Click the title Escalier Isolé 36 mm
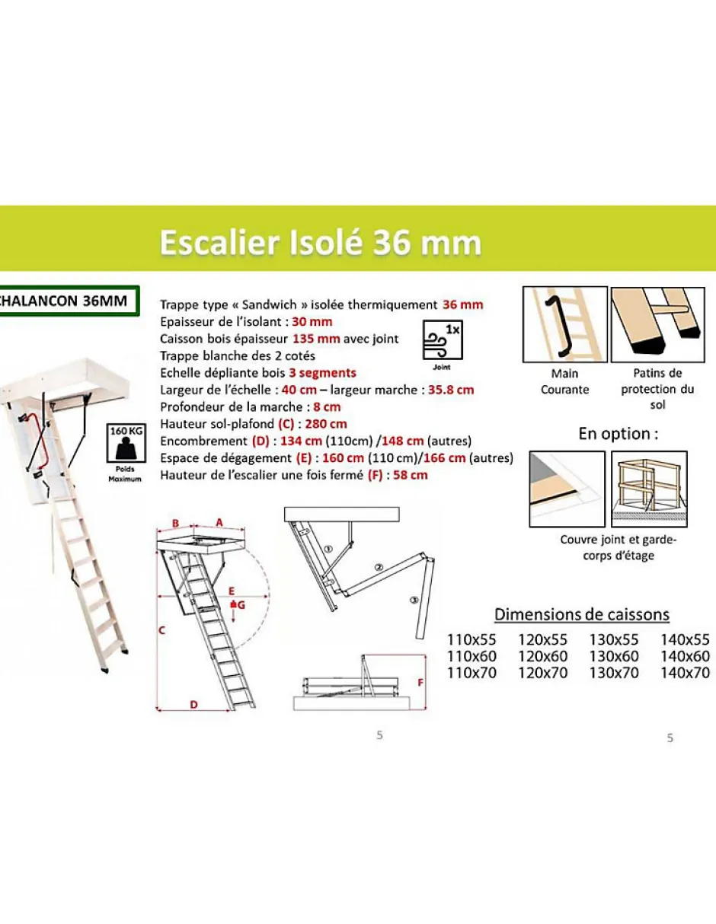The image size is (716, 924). coord(320,244)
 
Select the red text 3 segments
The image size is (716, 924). coord(322,373)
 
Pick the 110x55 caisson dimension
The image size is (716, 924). coord(471,640)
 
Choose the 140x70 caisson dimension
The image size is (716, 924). coord(685,673)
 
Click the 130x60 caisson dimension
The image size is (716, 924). coord(613,657)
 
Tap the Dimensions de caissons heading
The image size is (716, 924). coord(582,614)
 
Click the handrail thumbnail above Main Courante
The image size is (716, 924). coord(564,325)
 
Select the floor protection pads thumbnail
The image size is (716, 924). coord(657,325)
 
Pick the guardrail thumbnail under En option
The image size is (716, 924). coord(649,489)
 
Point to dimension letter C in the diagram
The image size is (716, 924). coord(162,630)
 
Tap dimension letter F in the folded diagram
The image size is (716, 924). coord(420,682)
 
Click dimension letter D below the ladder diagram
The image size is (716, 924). coord(193,706)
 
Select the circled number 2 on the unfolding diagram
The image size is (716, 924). coord(377,567)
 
